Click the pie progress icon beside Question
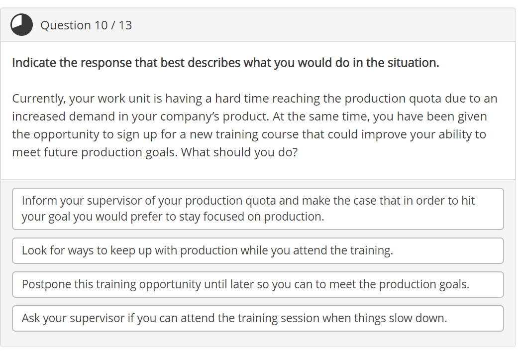point(22,25)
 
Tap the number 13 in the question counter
point(125,25)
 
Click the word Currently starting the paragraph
point(38,99)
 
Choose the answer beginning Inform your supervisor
point(258,209)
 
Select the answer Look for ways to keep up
point(258,250)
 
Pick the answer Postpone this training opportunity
point(258,284)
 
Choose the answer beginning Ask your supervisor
point(258,318)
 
